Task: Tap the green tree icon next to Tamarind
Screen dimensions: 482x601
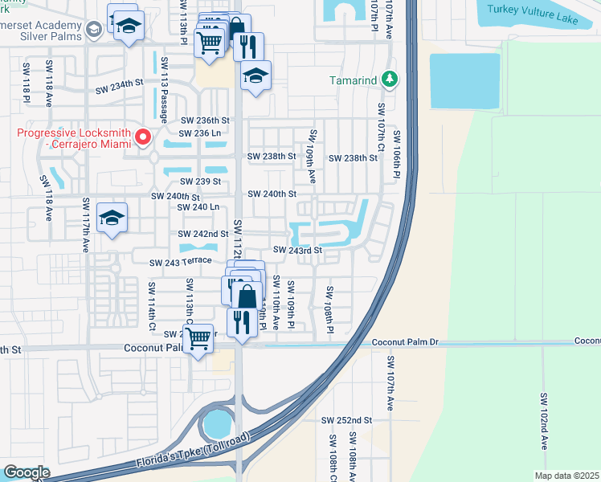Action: pos(390,80)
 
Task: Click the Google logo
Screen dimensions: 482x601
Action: pos(27,472)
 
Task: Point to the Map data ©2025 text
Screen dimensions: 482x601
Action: pos(566,476)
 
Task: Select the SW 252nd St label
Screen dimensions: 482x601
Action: pos(346,420)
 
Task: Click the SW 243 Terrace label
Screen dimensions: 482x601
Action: pos(180,262)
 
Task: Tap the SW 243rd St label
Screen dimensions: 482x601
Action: pos(297,250)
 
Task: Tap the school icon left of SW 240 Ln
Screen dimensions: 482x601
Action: pos(112,218)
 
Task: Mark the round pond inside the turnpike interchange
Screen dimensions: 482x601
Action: pos(217,423)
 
